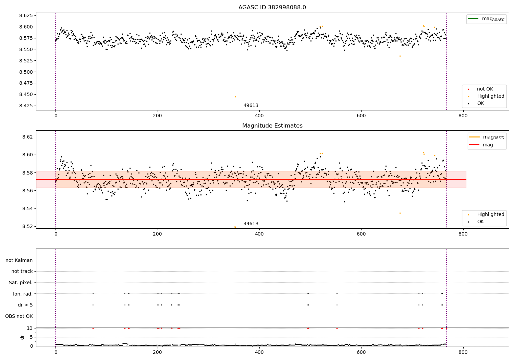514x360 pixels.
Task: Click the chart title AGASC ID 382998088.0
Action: pyautogui.click(x=272, y=8)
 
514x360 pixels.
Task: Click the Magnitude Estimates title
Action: pyautogui.click(x=272, y=126)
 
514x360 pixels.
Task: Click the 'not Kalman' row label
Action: pyautogui.click(x=19, y=260)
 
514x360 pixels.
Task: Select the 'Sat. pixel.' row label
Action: pyautogui.click(x=21, y=283)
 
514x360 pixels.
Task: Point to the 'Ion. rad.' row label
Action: pyautogui.click(x=23, y=294)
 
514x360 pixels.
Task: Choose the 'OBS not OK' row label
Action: pyautogui.click(x=19, y=316)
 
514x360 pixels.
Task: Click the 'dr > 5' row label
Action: pyautogui.click(x=25, y=305)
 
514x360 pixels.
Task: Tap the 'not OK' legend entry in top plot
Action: pyautogui.click(x=485, y=89)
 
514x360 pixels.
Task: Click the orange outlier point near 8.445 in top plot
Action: pyautogui.click(x=235, y=97)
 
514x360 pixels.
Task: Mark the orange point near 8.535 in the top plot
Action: pyautogui.click(x=400, y=56)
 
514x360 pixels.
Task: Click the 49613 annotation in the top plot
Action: pyautogui.click(x=251, y=106)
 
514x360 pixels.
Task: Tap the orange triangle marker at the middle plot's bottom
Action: pyautogui.click(x=235, y=227)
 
